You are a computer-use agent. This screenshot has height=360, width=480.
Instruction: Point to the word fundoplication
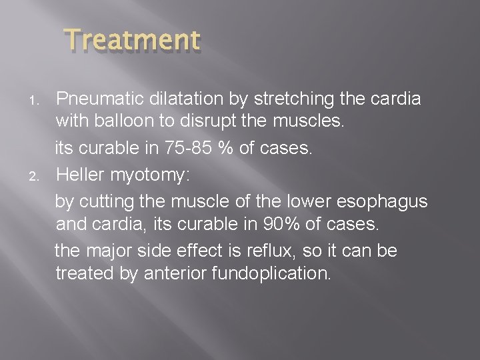(x=273, y=274)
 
